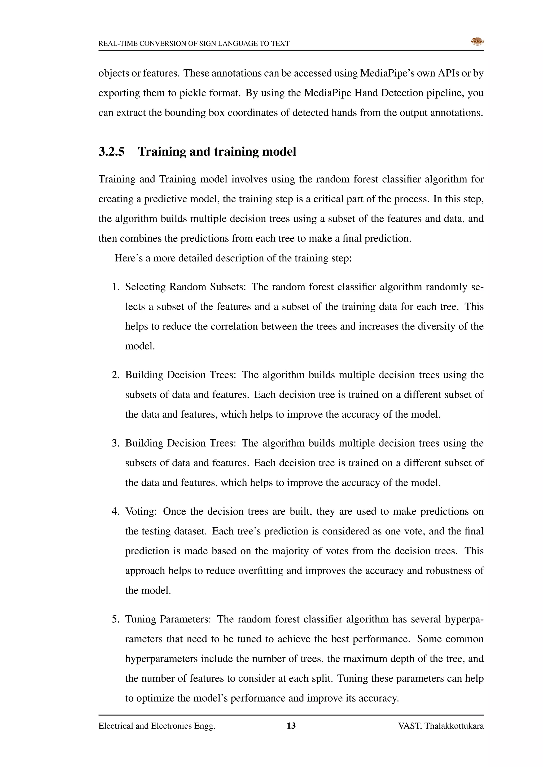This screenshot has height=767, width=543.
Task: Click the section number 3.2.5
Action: tap(111, 152)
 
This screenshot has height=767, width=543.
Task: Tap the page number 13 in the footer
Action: tap(291, 726)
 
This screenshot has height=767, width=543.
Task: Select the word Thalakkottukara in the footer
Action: tap(454, 726)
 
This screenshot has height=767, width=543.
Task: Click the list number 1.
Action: tap(115, 287)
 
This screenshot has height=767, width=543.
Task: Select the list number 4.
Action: tap(115, 511)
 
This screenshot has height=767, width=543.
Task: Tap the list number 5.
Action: tap(115, 619)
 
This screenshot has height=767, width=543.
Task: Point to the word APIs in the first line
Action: tap(448, 73)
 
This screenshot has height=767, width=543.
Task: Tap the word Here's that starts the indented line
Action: tap(128, 258)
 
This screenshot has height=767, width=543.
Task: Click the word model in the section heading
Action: tap(279, 152)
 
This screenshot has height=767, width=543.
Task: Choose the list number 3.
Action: tap(115, 443)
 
